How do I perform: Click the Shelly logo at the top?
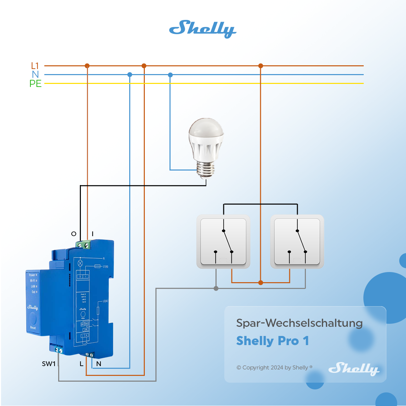point(202,29)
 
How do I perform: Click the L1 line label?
point(35,66)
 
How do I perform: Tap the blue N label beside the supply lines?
point(36,74)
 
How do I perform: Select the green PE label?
point(36,84)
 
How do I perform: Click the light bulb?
point(206,147)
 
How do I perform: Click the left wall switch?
point(223,241)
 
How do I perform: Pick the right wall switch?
point(297,241)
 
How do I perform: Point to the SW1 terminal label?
point(49,364)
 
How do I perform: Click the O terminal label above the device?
point(74,234)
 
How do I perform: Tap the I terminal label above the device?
point(92,234)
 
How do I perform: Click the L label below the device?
point(82,364)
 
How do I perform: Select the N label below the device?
point(99,364)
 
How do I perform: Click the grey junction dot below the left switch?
point(216,288)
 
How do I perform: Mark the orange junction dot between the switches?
point(261,283)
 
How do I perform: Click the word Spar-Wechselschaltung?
point(299,323)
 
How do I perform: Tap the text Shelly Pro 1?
point(273,341)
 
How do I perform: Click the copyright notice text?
point(274,367)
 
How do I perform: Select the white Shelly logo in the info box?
point(354,368)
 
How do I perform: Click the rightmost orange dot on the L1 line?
point(261,66)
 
